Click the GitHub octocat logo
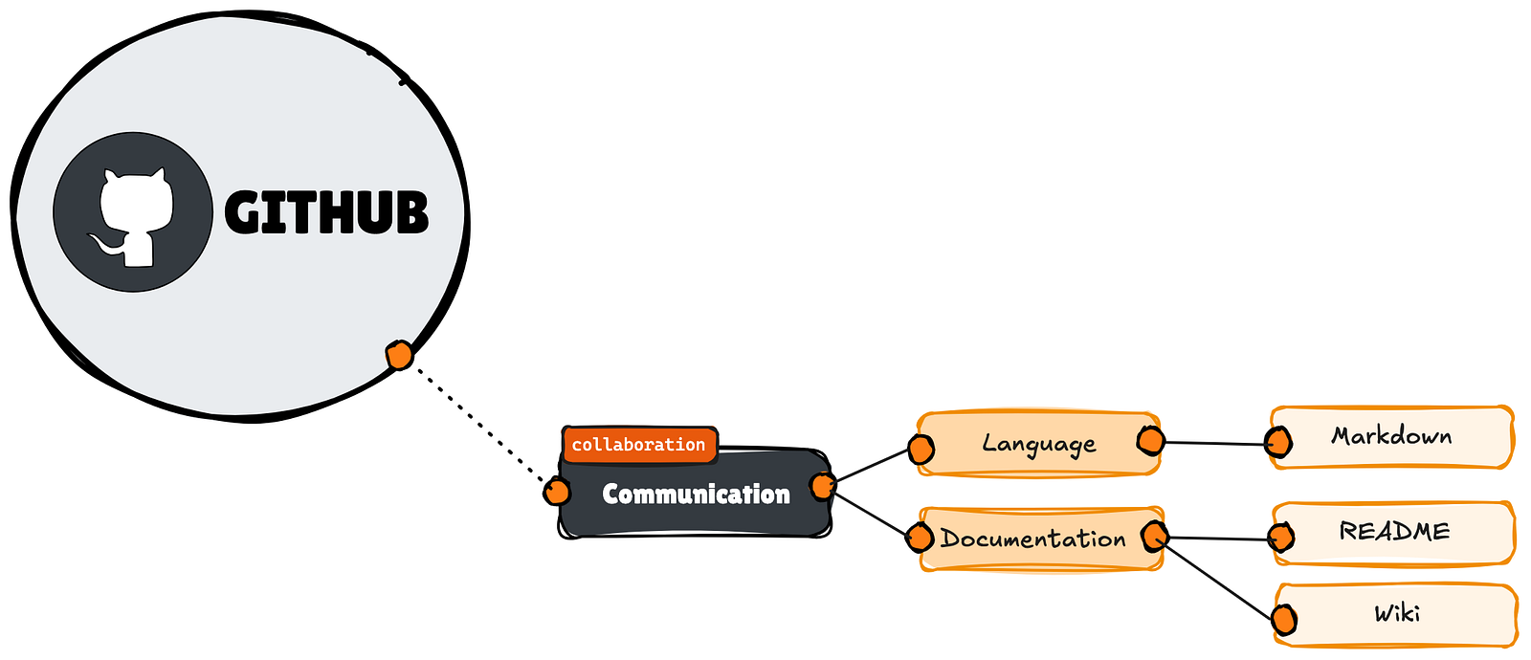click(133, 211)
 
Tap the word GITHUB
click(326, 212)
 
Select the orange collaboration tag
click(640, 445)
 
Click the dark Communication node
click(695, 494)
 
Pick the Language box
click(1038, 444)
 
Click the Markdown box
click(1391, 437)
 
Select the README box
click(1394, 533)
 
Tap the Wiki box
click(1396, 614)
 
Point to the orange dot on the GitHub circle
click(399, 355)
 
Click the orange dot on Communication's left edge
click(557, 492)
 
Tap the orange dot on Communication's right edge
click(823, 486)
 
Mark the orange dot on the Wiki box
click(1284, 620)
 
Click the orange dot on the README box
click(1281, 538)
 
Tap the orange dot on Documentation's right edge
click(1155, 536)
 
